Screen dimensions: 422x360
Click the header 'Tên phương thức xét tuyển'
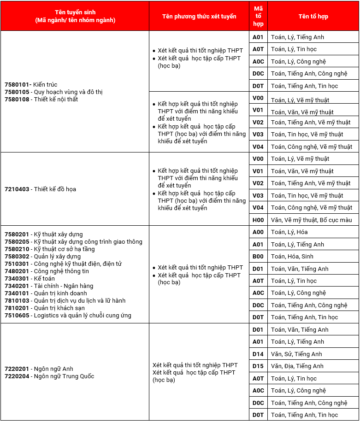199,16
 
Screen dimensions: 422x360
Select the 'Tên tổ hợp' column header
313,16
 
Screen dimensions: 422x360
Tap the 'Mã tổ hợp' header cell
258,16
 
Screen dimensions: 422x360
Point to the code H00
258,220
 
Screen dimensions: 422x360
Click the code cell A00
258,232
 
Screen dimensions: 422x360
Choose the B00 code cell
258,257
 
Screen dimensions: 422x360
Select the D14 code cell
258,354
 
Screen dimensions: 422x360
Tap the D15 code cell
258,366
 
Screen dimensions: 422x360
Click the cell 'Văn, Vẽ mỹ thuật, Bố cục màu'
311,220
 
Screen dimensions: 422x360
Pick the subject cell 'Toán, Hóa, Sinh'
292,257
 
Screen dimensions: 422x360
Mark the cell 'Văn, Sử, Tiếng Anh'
296,354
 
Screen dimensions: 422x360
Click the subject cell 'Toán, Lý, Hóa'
289,232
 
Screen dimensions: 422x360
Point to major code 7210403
17,189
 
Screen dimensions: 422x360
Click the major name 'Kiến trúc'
45,85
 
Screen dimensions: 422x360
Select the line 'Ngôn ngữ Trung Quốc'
64,376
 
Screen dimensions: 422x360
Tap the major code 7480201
17,271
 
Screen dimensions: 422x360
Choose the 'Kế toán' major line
44,279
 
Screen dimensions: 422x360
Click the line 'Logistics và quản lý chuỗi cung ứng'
83,316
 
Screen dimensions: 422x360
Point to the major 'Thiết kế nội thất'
56,100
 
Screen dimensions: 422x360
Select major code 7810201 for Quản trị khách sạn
17,308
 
